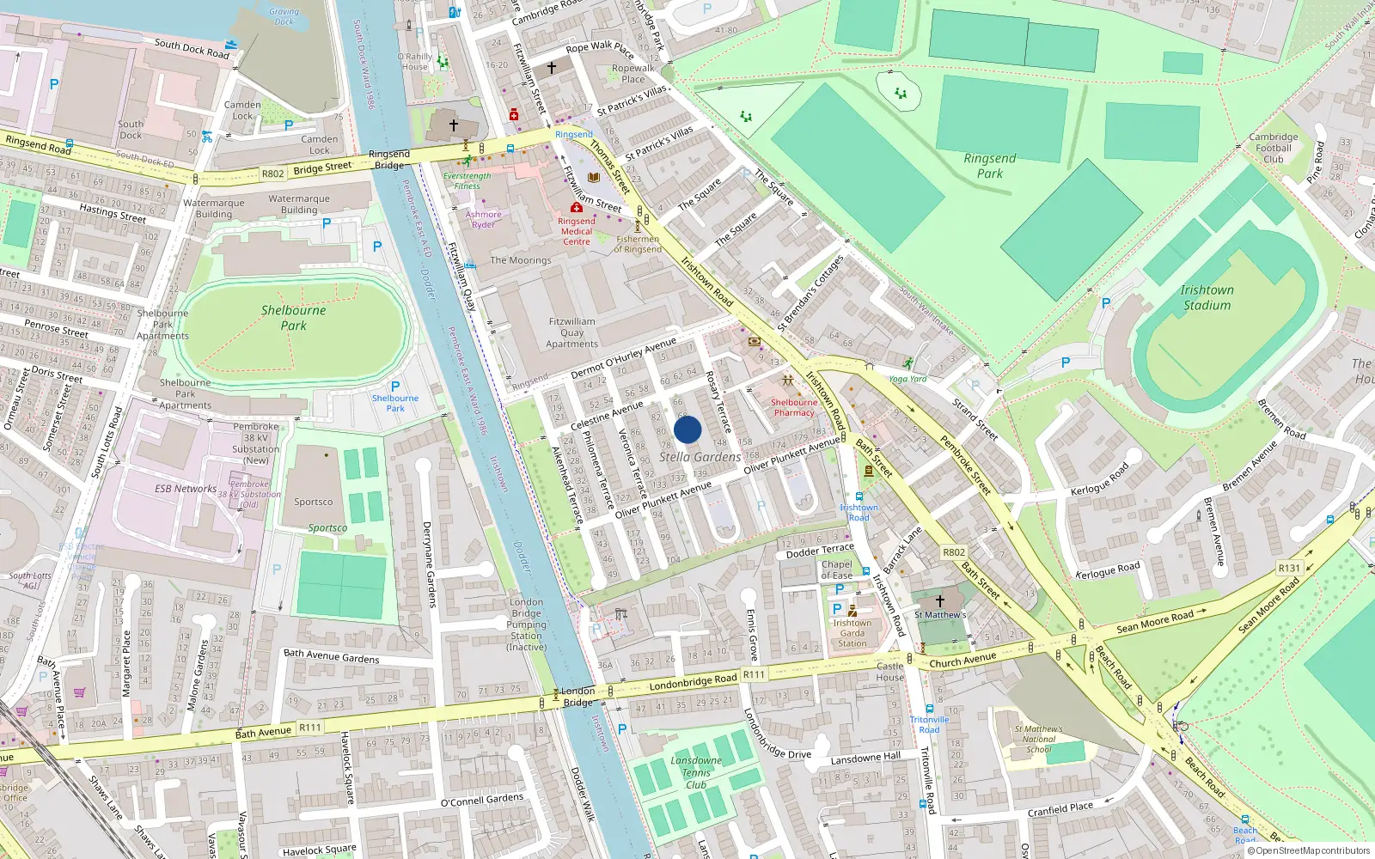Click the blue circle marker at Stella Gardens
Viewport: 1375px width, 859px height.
coord(687,429)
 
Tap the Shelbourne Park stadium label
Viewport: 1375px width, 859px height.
coord(293,318)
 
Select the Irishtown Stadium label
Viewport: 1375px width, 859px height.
coord(1206,297)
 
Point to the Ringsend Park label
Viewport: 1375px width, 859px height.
coord(989,166)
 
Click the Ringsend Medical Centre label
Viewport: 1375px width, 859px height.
coord(577,231)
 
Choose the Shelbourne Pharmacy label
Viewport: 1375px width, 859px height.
coord(794,407)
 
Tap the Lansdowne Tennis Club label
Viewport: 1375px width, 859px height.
coord(696,772)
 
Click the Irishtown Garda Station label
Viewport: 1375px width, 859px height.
coord(852,633)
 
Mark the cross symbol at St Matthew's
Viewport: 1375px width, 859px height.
coord(939,601)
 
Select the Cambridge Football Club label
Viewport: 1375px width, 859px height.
coord(1274,148)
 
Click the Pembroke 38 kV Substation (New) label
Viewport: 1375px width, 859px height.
coord(255,443)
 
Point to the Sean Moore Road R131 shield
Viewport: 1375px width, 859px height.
coord(1289,568)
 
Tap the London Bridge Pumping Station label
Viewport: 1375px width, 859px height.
coord(526,624)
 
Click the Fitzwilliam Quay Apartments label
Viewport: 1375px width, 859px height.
coord(571,332)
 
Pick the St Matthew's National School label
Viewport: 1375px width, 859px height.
coord(1038,739)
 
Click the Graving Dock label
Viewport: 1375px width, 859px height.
coord(284,16)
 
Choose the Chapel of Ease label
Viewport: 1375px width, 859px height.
coord(836,570)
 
